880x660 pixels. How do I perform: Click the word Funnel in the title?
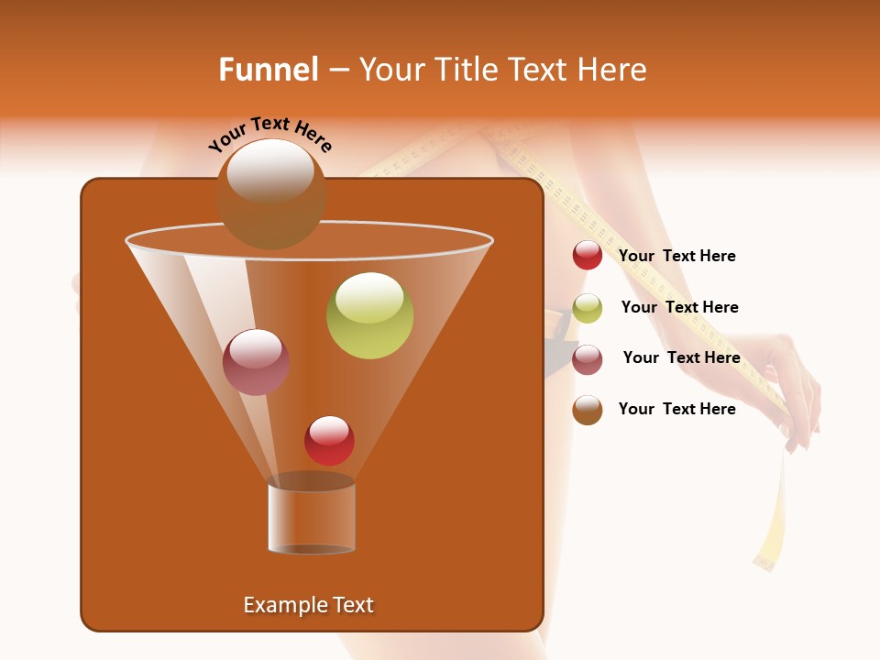(268, 70)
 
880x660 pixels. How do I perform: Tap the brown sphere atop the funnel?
(270, 193)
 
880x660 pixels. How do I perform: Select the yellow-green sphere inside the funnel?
(369, 315)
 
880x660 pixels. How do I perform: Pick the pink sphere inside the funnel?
(257, 362)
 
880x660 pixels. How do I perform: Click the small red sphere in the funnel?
(329, 440)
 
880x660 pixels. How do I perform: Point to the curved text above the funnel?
(270, 134)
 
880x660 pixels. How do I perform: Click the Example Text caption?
(308, 605)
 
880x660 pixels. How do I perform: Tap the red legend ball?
(588, 256)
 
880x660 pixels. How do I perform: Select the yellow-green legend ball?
(588, 308)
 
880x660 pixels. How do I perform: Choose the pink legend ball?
(588, 359)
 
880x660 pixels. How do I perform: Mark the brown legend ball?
(588, 410)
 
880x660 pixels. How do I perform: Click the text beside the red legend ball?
(676, 257)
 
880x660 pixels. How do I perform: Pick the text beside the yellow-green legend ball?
(679, 308)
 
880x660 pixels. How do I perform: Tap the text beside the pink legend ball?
(681, 358)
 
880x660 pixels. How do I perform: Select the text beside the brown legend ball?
(676, 410)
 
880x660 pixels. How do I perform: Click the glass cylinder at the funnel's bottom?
(312, 518)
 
